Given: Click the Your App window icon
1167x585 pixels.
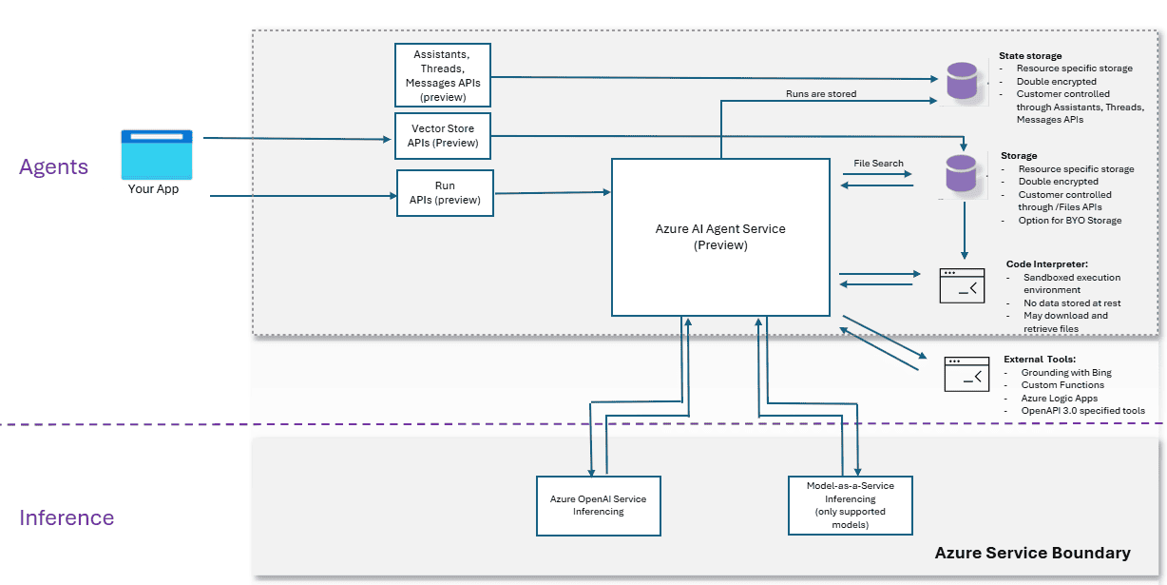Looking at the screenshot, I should [x=157, y=154].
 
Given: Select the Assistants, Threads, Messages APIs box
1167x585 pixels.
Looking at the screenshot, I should [x=443, y=75].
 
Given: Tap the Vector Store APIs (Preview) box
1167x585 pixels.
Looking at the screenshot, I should [x=443, y=136].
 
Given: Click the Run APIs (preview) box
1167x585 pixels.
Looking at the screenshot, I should [x=445, y=193].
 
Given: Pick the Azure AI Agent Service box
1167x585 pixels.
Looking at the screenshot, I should [x=720, y=237].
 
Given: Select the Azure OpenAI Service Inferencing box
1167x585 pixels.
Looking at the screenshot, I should [x=599, y=505].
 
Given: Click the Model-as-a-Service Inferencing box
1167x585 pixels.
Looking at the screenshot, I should [x=851, y=505].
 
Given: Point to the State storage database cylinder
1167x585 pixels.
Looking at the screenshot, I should [x=962, y=82].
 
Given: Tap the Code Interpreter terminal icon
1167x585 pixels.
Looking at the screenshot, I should [x=962, y=284].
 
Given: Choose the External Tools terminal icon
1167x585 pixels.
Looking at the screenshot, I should [x=966, y=374].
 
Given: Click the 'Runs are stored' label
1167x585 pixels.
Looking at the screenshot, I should [x=821, y=94].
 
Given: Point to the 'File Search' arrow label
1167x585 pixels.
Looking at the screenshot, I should [x=878, y=164].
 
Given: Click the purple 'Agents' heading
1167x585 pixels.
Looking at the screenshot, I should [x=53, y=167].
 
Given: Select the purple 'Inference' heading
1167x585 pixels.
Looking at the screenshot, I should [x=67, y=518].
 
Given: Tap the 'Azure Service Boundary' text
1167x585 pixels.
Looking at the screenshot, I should [x=1032, y=553].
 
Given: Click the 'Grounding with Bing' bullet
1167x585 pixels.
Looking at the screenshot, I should [x=1066, y=373].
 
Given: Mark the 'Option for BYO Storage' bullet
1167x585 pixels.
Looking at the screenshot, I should [x=1070, y=221].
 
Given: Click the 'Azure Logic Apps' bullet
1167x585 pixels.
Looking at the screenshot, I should [x=1060, y=399].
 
